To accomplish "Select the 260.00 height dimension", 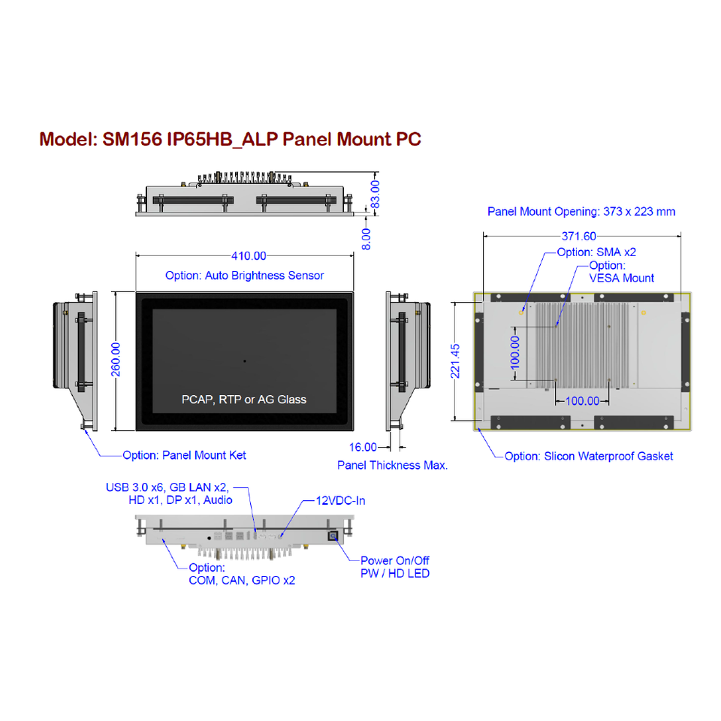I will (116, 361).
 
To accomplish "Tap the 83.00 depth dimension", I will (376, 193).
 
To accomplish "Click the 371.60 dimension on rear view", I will (579, 236).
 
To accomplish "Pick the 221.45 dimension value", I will (455, 362).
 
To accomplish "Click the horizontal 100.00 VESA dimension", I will (582, 401).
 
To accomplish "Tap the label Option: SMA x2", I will (596, 252).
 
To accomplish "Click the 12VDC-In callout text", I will (340, 500).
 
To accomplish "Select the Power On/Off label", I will (395, 560).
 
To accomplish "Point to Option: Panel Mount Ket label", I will (184, 455).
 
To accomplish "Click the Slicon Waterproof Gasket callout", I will (589, 456).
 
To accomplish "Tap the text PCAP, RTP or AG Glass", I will (244, 400).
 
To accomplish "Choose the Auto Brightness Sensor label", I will (245, 276).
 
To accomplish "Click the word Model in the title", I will (65, 140).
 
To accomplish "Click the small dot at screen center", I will (245, 361).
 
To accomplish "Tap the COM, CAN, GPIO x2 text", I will (242, 581).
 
